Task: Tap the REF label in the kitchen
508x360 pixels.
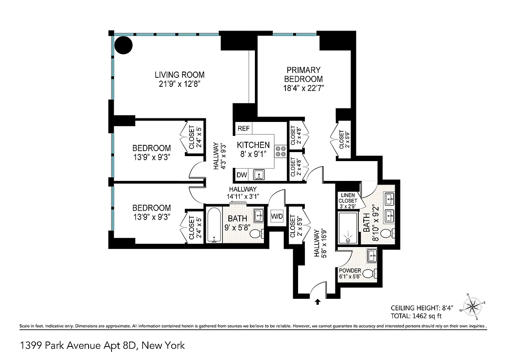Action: [243, 128]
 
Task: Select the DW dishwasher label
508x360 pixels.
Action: [241, 175]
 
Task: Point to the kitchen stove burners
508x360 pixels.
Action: [281, 151]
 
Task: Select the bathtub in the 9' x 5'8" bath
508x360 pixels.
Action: [213, 225]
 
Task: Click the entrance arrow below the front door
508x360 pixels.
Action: [318, 302]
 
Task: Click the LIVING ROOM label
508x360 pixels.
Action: [180, 75]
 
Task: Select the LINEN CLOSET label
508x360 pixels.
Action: [348, 198]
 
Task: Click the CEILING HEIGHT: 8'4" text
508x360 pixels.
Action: [421, 308]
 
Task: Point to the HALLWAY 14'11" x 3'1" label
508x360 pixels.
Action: [243, 193]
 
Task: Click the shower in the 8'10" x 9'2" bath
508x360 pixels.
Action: [348, 228]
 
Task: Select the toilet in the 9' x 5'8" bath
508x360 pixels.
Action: [257, 234]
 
